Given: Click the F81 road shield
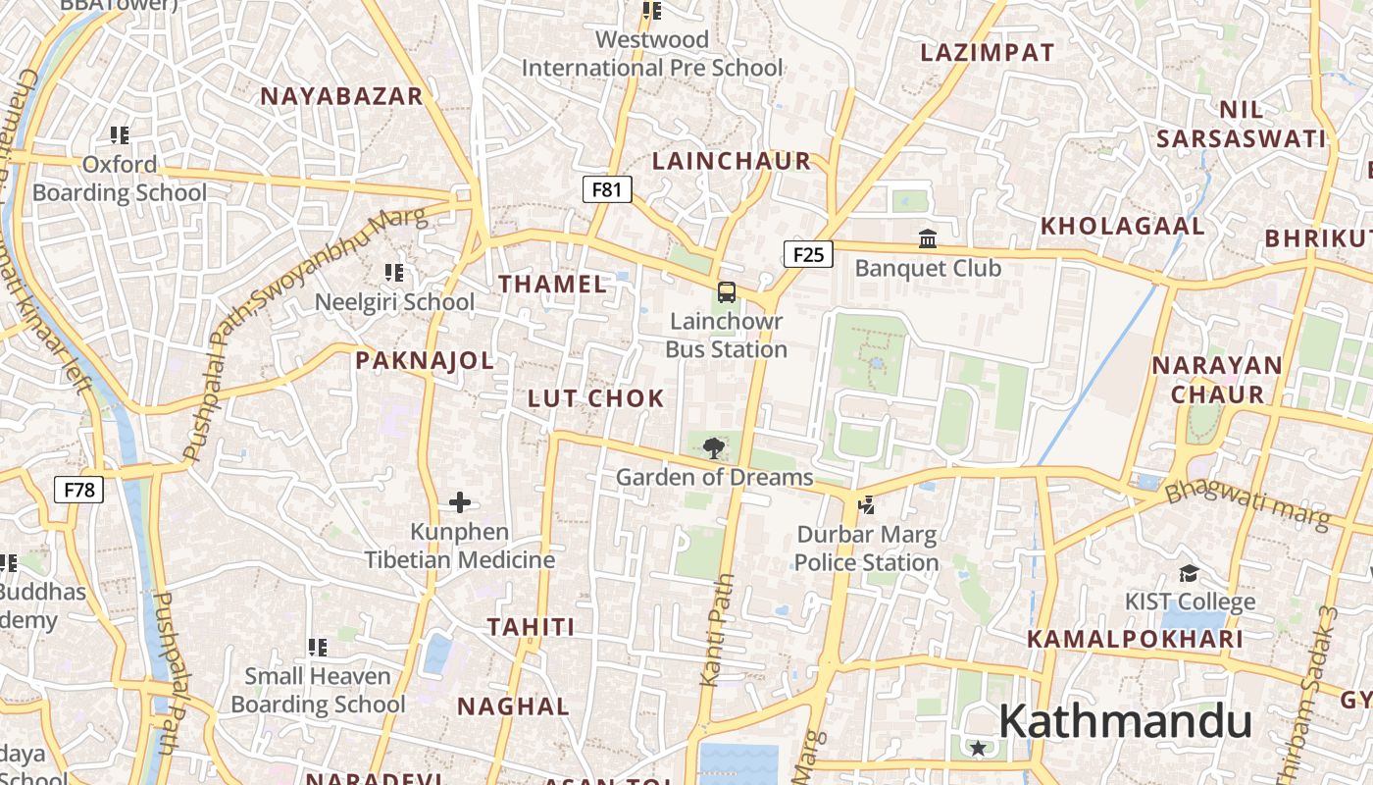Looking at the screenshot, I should (607, 189).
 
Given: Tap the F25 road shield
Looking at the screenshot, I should (808, 255).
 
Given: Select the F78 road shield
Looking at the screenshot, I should (78, 489).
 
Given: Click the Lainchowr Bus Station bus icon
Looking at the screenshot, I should (726, 291).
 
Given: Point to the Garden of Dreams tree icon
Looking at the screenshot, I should (714, 448).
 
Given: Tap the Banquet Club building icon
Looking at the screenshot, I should (927, 238).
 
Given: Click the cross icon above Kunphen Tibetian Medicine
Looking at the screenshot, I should (459, 502).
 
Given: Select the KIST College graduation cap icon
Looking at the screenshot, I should (1189, 573).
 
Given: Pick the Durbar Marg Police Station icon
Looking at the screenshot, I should (865, 505).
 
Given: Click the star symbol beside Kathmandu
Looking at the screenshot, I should (978, 748).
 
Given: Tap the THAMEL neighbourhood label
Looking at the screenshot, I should (553, 285).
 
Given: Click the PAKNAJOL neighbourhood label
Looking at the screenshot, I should (425, 360).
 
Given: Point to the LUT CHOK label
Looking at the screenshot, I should (596, 398).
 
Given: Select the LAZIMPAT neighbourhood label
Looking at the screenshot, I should (987, 53).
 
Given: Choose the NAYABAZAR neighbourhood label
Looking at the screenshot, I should (341, 96).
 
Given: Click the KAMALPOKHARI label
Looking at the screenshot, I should (1135, 640).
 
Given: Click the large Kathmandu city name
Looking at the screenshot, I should (1125, 722).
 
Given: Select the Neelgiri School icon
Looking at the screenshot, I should (394, 272).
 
